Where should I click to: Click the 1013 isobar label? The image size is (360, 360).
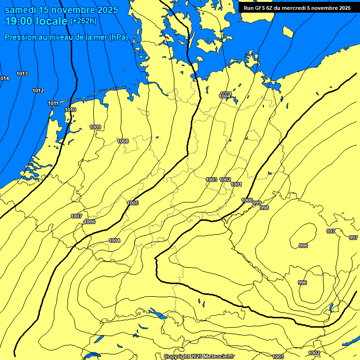[22, 74]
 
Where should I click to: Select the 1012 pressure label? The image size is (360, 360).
[38, 90]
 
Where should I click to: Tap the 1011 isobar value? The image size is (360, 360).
[53, 103]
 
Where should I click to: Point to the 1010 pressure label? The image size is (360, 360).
[70, 110]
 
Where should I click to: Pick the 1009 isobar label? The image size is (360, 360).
[95, 127]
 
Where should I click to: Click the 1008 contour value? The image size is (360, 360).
[123, 141]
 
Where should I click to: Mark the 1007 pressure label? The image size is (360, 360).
[76, 216]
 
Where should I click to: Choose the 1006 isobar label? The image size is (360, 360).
[90, 222]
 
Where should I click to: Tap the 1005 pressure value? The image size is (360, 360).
[133, 203]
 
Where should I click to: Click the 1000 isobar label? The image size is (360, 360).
[247, 200]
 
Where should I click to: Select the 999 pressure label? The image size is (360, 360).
[257, 203]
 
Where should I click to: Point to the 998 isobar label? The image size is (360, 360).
[264, 208]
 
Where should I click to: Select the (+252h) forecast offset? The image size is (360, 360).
[83, 21]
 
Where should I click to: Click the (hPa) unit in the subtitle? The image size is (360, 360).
[119, 37]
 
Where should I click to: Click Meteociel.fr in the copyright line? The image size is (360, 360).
[217, 356]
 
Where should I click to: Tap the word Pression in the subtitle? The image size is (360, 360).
[20, 37]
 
